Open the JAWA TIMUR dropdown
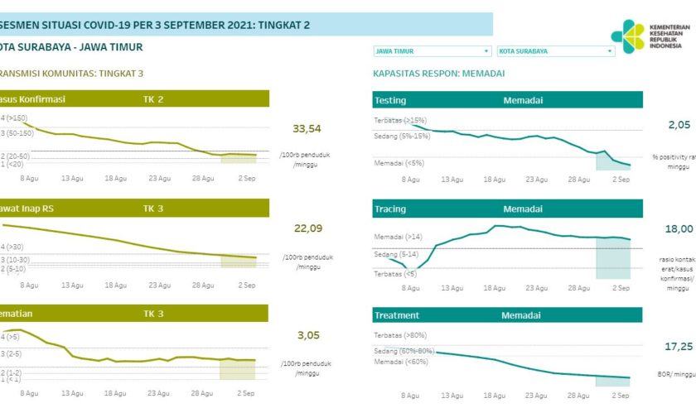(432, 51)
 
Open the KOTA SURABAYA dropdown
(556, 51)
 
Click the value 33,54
(307, 128)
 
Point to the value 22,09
(307, 228)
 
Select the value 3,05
(307, 335)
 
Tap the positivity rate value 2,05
(679, 124)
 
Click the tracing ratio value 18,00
(679, 228)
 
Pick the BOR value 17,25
(679, 346)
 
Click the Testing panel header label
(390, 100)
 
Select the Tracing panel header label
(390, 209)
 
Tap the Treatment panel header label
(397, 315)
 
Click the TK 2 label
(153, 100)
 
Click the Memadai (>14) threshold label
(399, 238)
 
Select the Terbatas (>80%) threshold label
(404, 334)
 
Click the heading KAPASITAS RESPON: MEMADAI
(439, 74)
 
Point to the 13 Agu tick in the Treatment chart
(452, 396)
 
